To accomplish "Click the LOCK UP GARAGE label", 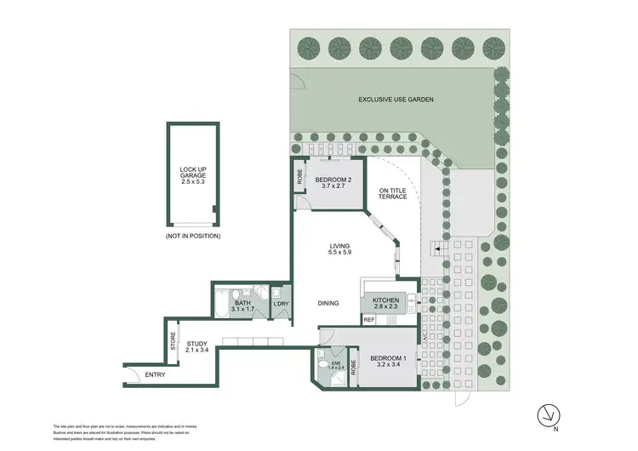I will (193, 175).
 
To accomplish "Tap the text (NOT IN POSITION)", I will (193, 236).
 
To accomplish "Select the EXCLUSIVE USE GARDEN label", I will (396, 100).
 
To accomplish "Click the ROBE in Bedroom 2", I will (300, 178).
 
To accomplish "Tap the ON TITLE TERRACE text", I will (393, 192).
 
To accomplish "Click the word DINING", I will (330, 303).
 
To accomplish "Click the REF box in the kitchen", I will (369, 320).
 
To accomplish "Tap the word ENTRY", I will (156, 374).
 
